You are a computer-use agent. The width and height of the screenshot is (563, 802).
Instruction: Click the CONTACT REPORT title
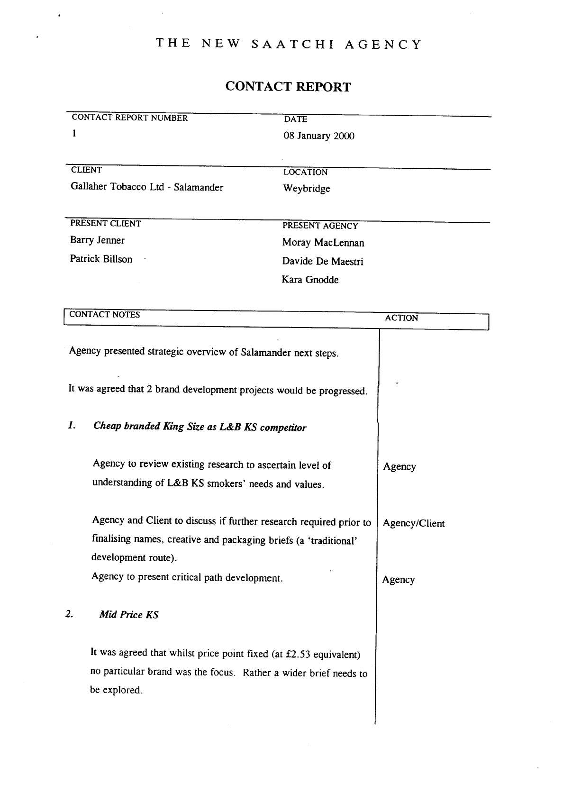[x=288, y=87]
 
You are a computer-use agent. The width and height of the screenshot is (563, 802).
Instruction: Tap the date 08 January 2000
[x=318, y=136]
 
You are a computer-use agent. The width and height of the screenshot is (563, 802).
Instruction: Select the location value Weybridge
[x=306, y=189]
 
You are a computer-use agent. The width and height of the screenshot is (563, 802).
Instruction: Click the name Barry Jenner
[x=97, y=240]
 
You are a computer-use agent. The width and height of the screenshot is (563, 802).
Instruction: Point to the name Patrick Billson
[x=101, y=259]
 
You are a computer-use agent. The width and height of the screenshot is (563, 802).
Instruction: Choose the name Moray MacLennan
[x=323, y=243]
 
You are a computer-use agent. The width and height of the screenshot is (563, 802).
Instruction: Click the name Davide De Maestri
[x=323, y=261]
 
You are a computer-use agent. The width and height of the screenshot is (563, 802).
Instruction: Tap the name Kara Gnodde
[x=310, y=280]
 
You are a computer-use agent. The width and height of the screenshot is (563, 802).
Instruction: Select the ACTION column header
[x=401, y=318]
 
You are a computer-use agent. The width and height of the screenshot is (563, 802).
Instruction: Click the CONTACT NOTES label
[x=104, y=315]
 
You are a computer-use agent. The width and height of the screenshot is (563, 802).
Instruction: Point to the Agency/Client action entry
[x=414, y=523]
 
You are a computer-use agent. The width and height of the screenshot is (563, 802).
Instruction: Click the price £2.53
[x=298, y=655]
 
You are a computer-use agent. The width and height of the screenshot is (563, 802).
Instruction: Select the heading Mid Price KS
[x=129, y=615]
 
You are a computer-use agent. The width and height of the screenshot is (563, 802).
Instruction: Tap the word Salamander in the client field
[x=198, y=187]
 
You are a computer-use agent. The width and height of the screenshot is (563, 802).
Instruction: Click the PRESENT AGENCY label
[x=320, y=226]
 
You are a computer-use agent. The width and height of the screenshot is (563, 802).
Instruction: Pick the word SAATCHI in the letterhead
[x=292, y=45]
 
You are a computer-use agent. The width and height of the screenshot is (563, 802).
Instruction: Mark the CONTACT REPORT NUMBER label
[x=129, y=118]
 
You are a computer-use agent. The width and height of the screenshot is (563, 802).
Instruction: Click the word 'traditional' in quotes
[x=332, y=541]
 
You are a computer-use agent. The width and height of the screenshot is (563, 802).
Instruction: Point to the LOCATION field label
[x=305, y=173]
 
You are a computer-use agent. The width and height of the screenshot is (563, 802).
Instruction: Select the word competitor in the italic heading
[x=283, y=428]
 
